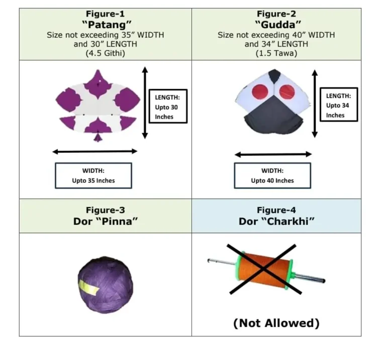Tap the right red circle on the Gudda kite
tap(288, 91)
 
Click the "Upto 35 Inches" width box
tap(93, 175)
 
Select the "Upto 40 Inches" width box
tap(272, 175)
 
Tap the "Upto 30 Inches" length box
tap(168, 106)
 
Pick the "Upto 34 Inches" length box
tap(338, 104)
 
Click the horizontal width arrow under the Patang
tap(95, 151)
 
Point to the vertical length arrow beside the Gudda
tap(315, 103)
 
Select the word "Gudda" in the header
tap(276, 25)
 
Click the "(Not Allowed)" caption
tap(276, 323)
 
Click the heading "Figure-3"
tap(106, 210)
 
